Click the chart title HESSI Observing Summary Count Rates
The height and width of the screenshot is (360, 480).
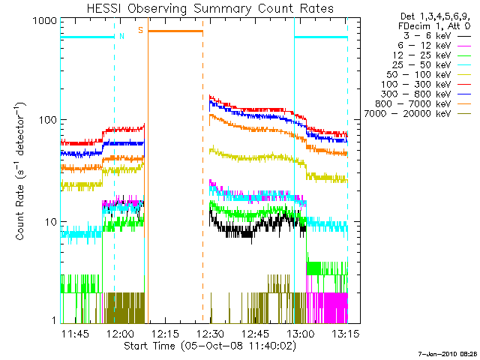(204, 9)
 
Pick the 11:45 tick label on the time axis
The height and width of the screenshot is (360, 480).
(76, 334)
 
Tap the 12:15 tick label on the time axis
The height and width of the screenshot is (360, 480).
(167, 334)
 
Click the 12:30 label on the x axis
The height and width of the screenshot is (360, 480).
(212, 334)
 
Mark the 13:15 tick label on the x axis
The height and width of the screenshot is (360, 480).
(347, 334)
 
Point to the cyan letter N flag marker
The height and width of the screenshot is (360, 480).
(122, 34)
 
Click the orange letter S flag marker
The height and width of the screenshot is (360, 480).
(140, 30)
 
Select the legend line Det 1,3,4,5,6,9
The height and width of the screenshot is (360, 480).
(430, 15)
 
